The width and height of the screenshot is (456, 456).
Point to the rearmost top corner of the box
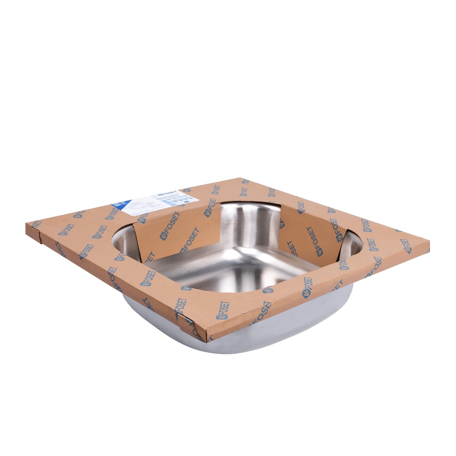(245, 179)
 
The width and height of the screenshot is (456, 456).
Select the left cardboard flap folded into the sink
(177, 234)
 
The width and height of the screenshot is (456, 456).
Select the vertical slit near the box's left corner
(39, 237)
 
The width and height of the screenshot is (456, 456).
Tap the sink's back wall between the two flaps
(249, 221)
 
